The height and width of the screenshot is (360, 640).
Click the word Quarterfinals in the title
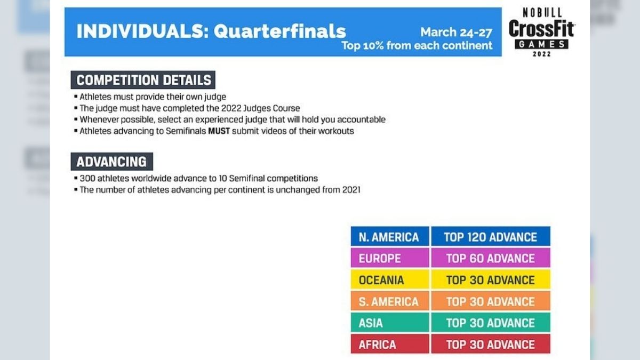tap(279, 31)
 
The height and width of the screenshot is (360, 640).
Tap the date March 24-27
tap(457, 33)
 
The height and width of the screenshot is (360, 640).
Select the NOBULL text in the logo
tap(542, 13)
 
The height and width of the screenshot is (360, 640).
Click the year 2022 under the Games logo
tap(542, 54)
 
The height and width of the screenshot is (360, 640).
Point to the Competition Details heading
tap(143, 80)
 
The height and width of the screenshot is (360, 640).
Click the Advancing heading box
tap(111, 162)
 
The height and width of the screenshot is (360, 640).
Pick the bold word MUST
tap(219, 131)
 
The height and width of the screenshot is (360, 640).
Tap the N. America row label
tap(390, 236)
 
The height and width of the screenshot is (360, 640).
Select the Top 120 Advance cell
tap(491, 236)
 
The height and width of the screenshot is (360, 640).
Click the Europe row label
tap(390, 258)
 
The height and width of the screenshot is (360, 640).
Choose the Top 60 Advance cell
tap(491, 258)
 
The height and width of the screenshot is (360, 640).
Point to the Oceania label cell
tap(390, 279)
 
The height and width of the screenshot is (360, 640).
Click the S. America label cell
tap(390, 301)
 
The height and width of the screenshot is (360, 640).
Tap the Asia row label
tap(390, 322)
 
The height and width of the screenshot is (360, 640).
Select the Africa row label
tap(390, 344)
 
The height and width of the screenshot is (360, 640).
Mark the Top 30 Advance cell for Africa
tap(491, 344)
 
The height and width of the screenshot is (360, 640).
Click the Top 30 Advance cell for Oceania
tap(491, 279)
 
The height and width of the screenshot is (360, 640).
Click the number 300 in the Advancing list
tap(87, 179)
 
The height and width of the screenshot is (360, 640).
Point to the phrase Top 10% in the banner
tap(363, 46)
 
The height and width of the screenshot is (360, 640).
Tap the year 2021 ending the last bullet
tap(351, 190)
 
